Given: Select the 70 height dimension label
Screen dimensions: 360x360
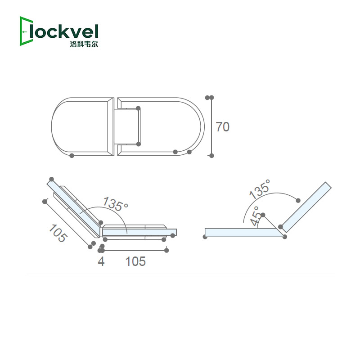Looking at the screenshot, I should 223,127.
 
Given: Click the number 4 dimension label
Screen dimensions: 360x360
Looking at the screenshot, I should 101,261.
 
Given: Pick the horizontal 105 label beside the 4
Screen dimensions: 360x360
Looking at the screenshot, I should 135,261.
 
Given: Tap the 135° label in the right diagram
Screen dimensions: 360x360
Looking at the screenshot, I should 260,189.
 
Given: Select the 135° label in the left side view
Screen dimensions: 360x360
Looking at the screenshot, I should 115,204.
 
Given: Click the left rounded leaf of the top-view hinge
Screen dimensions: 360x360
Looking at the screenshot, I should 81,126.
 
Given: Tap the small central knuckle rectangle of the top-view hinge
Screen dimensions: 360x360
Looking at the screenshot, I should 127,126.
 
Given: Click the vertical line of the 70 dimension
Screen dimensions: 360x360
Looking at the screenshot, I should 211,126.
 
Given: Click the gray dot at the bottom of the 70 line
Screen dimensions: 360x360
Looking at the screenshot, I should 211,156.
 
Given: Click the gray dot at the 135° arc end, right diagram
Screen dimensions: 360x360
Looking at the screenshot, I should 297,200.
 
